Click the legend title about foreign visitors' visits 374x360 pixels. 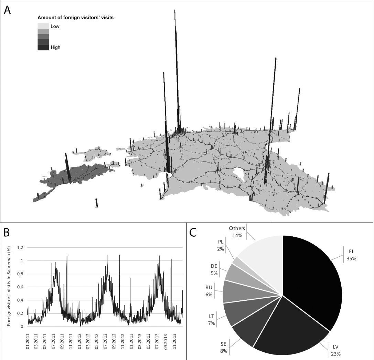[75, 17]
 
